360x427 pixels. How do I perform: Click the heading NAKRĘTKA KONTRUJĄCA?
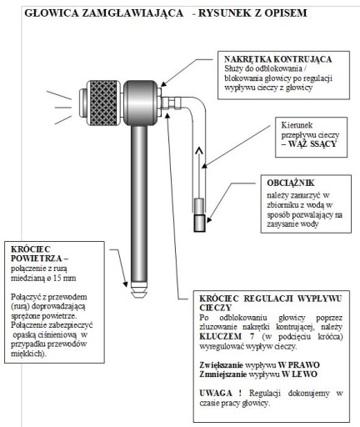click(x=277, y=59)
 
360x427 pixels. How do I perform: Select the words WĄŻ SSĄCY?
click(x=312, y=144)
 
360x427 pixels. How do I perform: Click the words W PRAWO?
click(x=299, y=364)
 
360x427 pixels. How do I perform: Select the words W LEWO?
click(x=299, y=374)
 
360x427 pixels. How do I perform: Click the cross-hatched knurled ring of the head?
click(x=103, y=103)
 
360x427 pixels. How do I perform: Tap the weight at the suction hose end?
click(x=199, y=215)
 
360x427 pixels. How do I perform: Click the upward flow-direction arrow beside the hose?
click(x=198, y=173)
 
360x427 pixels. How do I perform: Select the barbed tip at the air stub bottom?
click(x=139, y=291)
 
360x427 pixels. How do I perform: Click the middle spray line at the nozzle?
click(x=63, y=108)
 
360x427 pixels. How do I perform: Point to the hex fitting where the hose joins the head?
click(x=171, y=103)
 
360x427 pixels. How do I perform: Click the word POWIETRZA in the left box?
click(x=37, y=259)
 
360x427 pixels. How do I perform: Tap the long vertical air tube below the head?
click(x=139, y=204)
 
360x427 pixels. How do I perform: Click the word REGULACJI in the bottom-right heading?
click(x=268, y=299)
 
